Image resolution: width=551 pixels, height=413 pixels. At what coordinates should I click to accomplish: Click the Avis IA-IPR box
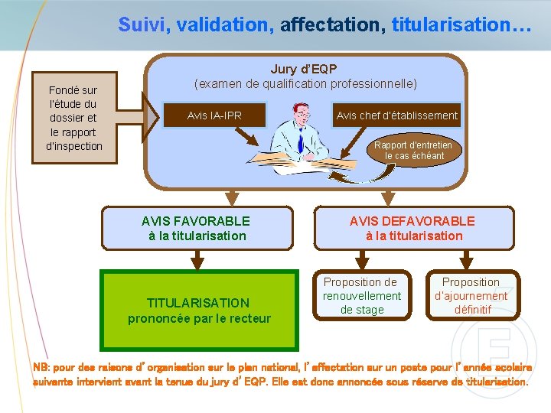point(214,115)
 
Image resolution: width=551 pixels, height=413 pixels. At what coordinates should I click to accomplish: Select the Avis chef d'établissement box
point(397,115)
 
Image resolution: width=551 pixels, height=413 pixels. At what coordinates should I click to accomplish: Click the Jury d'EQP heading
point(304,70)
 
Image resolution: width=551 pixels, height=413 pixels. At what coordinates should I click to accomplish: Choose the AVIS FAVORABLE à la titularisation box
point(197,228)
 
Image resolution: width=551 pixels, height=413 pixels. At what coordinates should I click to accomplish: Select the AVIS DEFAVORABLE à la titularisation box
point(412,228)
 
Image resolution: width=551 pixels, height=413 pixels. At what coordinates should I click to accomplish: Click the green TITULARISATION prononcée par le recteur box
point(199,310)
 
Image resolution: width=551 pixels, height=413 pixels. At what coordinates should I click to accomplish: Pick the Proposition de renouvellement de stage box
point(362,295)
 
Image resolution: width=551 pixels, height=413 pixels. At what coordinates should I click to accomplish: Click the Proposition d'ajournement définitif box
point(471,295)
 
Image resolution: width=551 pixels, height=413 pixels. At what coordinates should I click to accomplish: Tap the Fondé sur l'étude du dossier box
point(73,118)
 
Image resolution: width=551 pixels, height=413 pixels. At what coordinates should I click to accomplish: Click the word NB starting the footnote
point(41,366)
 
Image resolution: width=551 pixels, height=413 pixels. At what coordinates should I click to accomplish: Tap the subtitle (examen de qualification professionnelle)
point(305,83)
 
